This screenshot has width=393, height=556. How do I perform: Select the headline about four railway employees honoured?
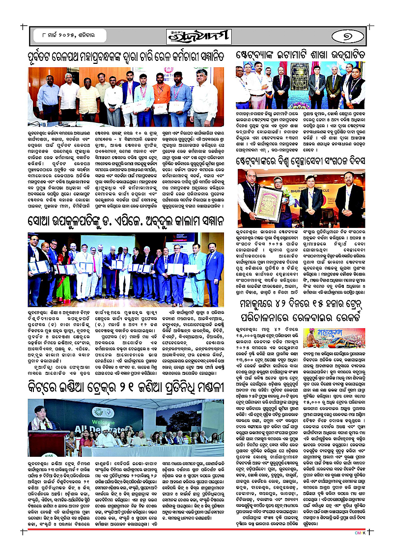pos(128,56)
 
